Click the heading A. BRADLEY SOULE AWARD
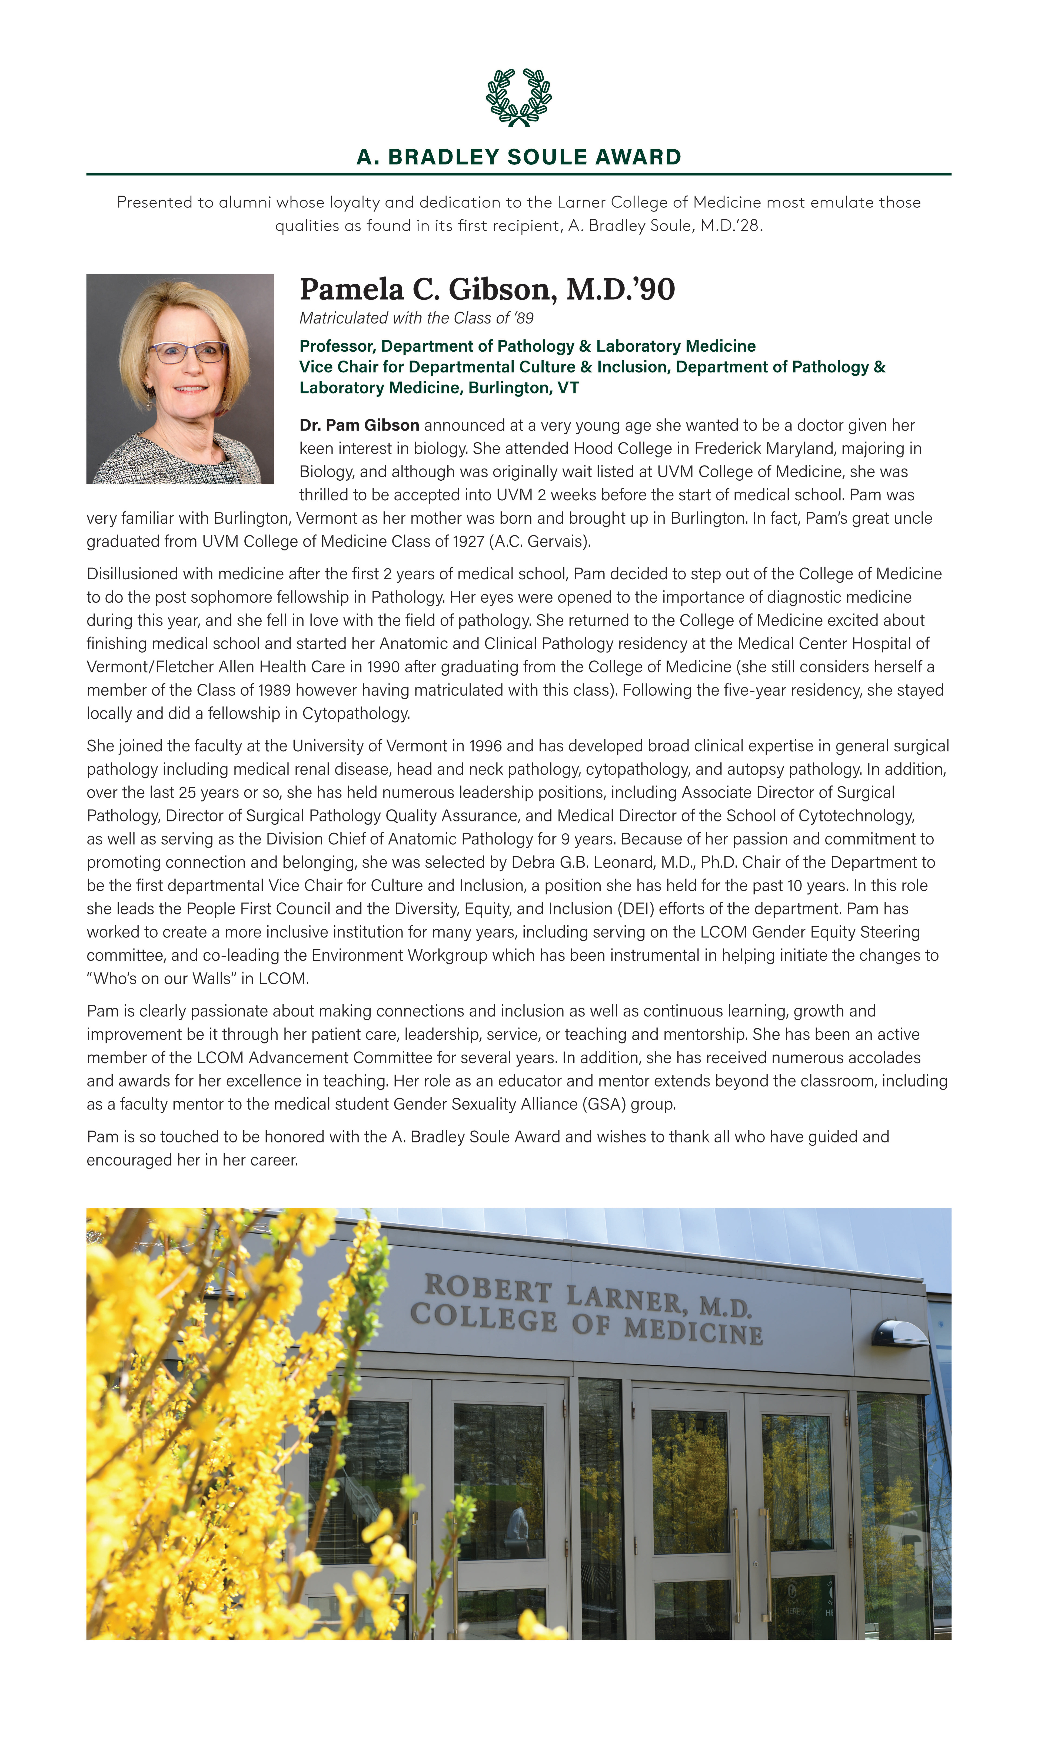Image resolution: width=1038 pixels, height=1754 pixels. click(x=518, y=157)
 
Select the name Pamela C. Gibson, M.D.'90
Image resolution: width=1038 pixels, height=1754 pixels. click(x=487, y=289)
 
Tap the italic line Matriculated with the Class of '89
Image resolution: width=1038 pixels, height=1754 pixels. click(x=416, y=318)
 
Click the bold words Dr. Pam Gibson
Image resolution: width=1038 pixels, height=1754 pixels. click(x=359, y=425)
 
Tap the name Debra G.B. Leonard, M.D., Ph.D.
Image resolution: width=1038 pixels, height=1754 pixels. click(x=626, y=863)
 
